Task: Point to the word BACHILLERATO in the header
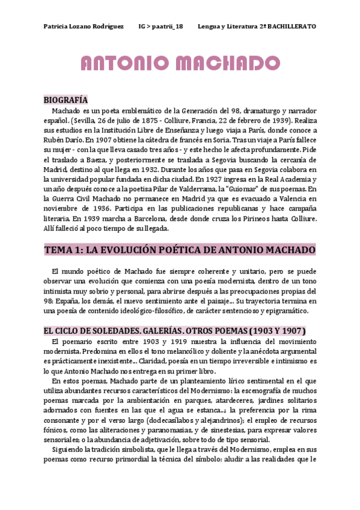pyautogui.click(x=291, y=27)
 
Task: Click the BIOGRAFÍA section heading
pyautogui.click(x=66, y=100)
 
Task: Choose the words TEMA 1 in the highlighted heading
pyautogui.click(x=66, y=233)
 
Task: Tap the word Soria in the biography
pyautogui.click(x=216, y=140)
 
